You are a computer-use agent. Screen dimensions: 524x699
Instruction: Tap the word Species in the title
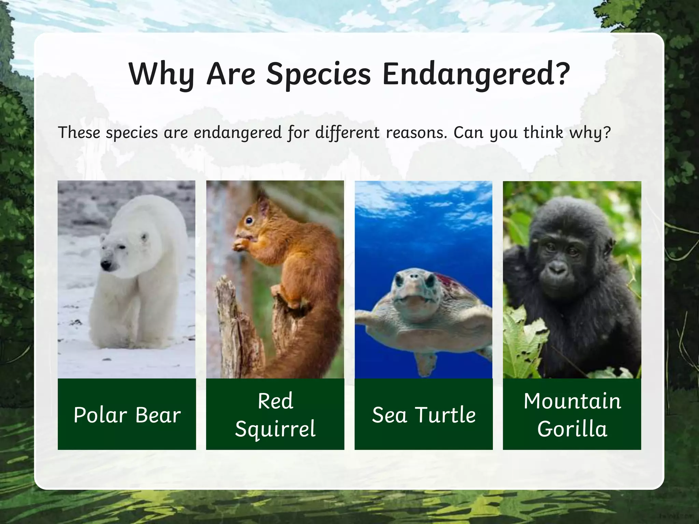(x=318, y=74)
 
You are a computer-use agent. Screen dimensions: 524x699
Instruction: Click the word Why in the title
(x=161, y=74)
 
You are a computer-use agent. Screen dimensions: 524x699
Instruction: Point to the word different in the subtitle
(x=347, y=132)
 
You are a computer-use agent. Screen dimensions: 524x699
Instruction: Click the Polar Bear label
(x=127, y=415)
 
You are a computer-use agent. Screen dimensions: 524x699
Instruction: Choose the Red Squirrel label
(x=275, y=415)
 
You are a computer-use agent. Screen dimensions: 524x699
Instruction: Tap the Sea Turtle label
(x=424, y=415)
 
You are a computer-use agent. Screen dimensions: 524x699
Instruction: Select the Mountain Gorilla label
(x=572, y=415)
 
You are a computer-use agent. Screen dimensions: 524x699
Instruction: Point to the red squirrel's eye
(x=249, y=220)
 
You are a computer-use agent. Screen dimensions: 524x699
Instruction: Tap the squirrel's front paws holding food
(x=240, y=244)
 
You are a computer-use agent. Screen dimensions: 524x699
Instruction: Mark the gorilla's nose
(x=557, y=270)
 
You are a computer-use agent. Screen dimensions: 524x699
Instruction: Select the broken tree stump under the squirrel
(x=236, y=327)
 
